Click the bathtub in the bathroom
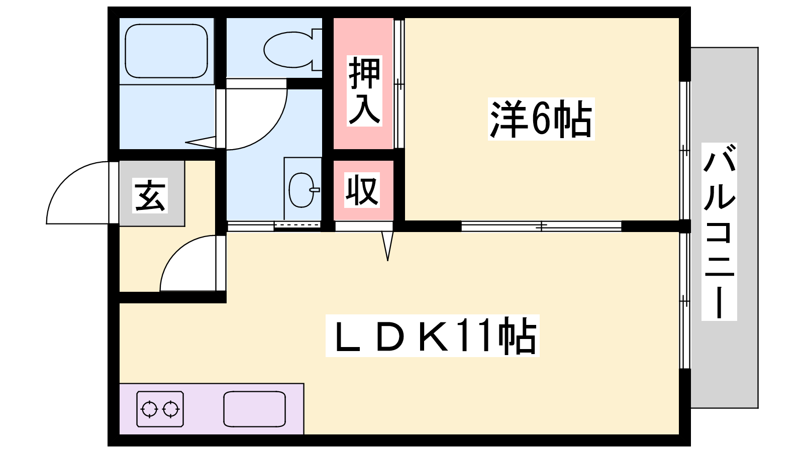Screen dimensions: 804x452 coord(166,51)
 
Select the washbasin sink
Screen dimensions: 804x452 coord(302,190)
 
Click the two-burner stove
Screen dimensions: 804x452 coord(160,409)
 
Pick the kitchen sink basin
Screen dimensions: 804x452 coord(254,409)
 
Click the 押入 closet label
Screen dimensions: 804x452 coord(364,91)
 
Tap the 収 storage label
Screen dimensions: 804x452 coord(362,190)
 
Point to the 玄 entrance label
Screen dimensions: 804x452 coord(150,195)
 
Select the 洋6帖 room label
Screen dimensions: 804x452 coord(541,119)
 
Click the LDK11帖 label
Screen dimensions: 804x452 coord(433,335)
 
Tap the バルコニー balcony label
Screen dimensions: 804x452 coord(719,232)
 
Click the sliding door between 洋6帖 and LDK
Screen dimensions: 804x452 coord(541,226)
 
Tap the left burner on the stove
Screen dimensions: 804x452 coord(149,409)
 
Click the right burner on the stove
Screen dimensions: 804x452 coord(171,409)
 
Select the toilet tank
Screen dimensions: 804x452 coord(317,50)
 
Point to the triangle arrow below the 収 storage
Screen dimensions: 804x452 coord(387,246)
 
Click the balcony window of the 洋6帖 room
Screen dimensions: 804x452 coord(685,151)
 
